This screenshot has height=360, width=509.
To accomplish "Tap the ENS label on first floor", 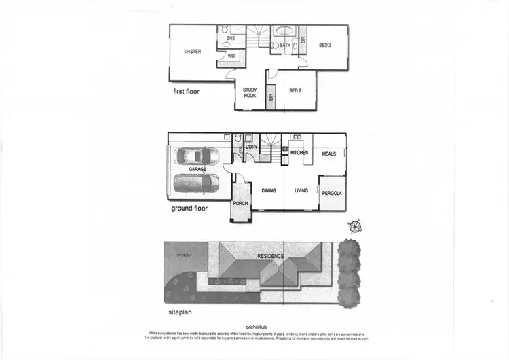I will click(x=231, y=38).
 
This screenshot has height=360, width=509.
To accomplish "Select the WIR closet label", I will click(x=231, y=56).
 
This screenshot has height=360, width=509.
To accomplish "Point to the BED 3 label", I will click(x=324, y=46).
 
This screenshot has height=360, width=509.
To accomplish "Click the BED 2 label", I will click(x=295, y=90).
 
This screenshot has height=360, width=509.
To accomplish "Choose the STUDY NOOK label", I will click(x=250, y=93).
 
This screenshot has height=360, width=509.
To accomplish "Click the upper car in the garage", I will click(x=197, y=157).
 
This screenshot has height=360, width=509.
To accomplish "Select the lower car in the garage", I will click(x=197, y=183).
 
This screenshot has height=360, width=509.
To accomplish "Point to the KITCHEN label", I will click(x=299, y=154).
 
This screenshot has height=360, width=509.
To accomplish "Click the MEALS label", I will click(x=329, y=154).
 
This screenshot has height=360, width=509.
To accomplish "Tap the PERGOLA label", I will click(x=332, y=194).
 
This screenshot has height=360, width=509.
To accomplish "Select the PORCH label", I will click(x=240, y=203).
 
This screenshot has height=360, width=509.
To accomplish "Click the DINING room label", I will click(x=269, y=190).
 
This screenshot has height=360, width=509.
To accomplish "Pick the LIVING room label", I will click(x=301, y=190).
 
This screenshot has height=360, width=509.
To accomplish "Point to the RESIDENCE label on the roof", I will click(x=270, y=256).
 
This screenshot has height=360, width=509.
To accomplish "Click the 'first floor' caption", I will click(x=186, y=91).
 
